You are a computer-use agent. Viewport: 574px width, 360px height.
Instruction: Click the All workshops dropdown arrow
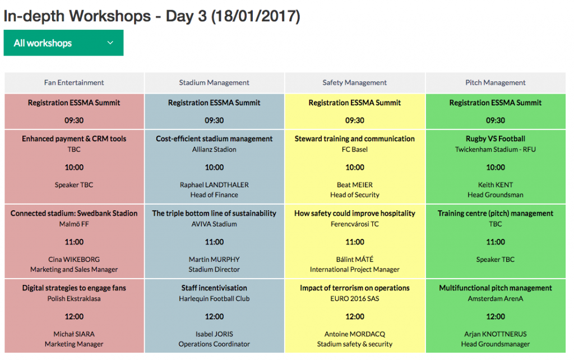tap(110, 43)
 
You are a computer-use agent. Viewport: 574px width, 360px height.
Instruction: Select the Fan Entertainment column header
tap(74, 83)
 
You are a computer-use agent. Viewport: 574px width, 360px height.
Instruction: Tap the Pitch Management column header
tap(496, 83)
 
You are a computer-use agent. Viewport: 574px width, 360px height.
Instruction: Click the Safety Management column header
tap(354, 83)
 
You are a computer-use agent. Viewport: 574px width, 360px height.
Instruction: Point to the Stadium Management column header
tap(214, 83)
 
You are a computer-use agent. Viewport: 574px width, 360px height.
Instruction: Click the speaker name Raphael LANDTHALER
tap(214, 185)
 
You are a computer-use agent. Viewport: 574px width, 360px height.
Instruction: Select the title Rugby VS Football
tap(496, 139)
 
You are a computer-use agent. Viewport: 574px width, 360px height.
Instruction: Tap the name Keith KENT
tap(496, 185)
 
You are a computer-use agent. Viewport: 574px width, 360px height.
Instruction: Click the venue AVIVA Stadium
tap(214, 224)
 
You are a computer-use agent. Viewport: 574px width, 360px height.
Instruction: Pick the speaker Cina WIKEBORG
tap(74, 260)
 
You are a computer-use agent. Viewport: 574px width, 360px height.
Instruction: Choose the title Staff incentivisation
tap(214, 288)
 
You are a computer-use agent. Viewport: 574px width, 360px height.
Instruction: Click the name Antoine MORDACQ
tap(355, 334)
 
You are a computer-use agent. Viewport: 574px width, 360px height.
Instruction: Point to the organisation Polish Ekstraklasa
tap(74, 299)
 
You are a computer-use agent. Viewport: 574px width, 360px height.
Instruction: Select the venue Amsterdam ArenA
tap(496, 299)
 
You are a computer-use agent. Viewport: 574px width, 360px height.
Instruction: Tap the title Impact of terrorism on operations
tap(355, 288)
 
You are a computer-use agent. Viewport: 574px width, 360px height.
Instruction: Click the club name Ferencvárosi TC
tap(355, 224)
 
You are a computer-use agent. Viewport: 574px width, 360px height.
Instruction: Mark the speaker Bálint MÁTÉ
tap(355, 260)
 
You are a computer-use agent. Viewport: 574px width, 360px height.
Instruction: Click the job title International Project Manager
tap(355, 270)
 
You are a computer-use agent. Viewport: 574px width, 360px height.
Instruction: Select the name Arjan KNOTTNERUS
tap(496, 334)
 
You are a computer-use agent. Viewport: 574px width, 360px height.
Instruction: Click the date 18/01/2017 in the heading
tap(256, 16)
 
